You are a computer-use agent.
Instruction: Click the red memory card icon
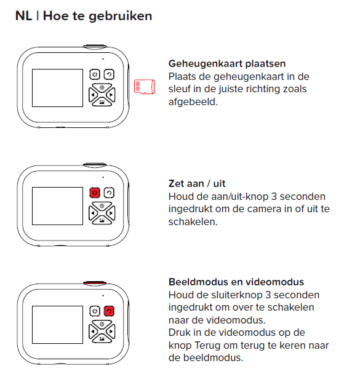[145, 87]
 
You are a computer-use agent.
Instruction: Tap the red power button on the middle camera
[95, 193]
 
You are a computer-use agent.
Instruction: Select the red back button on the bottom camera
[109, 311]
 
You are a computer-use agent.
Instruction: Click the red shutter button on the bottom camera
[95, 282]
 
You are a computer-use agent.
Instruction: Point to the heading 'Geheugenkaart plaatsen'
[227, 64]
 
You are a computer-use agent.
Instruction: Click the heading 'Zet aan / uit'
[197, 183]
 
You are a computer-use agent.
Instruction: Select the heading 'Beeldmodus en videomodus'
[236, 282]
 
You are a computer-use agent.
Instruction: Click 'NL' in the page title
[23, 16]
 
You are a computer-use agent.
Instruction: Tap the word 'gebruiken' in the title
[120, 17]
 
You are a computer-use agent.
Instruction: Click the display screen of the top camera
[57, 88]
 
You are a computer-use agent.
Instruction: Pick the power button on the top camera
[95, 74]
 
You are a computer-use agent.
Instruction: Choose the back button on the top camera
[109, 74]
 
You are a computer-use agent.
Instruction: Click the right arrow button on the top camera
[111, 95]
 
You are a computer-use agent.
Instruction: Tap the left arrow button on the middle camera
[93, 213]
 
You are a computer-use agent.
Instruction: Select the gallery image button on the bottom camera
[102, 339]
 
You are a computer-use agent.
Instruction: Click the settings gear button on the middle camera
[102, 205]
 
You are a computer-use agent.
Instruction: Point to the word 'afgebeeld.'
[193, 102]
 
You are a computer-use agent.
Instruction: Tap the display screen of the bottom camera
[57, 325]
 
